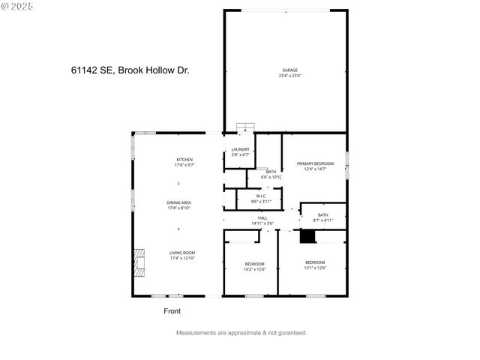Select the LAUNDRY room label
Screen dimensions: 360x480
tap(241, 149)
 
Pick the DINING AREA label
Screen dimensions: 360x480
tap(179, 202)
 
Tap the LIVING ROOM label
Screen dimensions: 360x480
tap(182, 253)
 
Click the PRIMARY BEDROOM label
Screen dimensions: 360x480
tap(315, 163)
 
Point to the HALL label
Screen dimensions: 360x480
tap(262, 217)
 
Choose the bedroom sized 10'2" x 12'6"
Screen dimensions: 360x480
tap(255, 265)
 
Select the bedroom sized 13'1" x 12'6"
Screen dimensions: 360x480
tap(315, 264)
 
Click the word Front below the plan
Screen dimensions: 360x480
tap(172, 310)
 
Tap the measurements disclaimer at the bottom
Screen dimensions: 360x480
tap(241, 332)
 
